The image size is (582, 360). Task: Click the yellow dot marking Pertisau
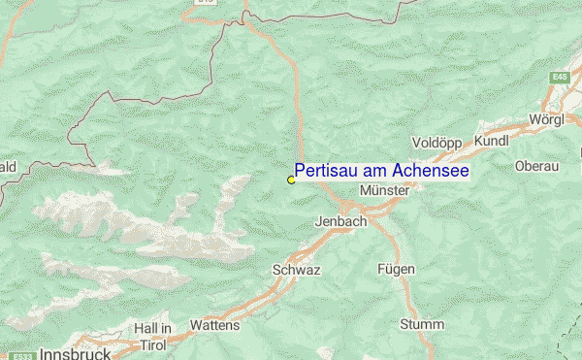pos(291,180)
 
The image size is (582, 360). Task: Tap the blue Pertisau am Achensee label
pos(381,171)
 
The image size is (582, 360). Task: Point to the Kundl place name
pos(493,142)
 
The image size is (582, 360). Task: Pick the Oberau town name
pos(537,166)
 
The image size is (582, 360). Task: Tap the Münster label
pos(384,191)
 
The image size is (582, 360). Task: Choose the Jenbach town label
pos(340,221)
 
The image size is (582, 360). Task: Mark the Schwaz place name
pos(296,270)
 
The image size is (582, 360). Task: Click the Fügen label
pos(397,269)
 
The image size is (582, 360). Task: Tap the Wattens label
pos(214,325)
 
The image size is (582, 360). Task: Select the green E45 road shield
pos(561,76)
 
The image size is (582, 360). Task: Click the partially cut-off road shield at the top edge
pos(206,3)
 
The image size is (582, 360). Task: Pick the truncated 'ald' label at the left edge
pos(8,167)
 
